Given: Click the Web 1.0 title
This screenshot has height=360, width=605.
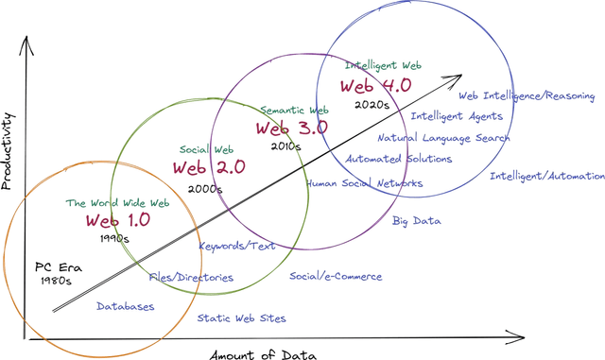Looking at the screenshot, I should (x=117, y=221).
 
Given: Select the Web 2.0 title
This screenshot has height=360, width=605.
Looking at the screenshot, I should (x=209, y=167).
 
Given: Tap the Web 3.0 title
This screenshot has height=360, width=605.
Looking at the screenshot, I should (x=292, y=128).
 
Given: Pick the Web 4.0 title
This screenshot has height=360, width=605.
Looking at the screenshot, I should (x=375, y=85).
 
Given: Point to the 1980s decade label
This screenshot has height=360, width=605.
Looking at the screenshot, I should (x=57, y=281).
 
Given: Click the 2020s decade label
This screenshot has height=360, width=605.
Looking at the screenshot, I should (x=373, y=105).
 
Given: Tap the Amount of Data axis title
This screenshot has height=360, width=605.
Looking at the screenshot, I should (x=265, y=353).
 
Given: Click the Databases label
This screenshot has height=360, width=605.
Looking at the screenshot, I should (x=126, y=306).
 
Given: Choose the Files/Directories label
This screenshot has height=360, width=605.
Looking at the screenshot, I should (x=191, y=278).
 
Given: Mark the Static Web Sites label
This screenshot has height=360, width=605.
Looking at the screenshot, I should (x=241, y=318).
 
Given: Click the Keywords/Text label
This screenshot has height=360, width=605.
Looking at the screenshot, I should (x=236, y=246).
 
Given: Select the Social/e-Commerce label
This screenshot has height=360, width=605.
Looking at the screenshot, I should (x=336, y=277).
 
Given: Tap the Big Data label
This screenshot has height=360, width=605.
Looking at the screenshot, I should (x=417, y=221).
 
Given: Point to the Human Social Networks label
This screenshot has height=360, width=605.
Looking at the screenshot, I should (x=364, y=183).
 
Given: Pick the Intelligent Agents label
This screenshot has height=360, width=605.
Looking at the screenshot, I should (x=457, y=116).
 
